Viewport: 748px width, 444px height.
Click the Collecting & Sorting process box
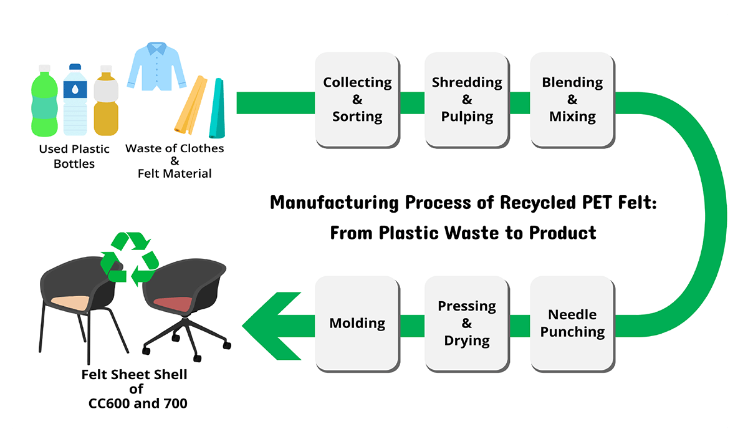(x=357, y=100)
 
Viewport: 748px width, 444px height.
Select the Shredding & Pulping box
(x=467, y=100)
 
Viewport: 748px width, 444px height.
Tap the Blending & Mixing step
(x=572, y=100)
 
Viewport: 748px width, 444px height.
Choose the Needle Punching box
(x=572, y=324)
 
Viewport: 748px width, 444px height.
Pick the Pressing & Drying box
(x=467, y=324)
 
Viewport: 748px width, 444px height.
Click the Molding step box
(x=357, y=324)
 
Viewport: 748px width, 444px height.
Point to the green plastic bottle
(x=44, y=100)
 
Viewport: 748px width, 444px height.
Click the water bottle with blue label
(x=75, y=100)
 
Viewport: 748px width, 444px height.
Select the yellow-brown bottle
(x=106, y=100)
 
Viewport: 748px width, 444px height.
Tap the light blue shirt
(x=156, y=66)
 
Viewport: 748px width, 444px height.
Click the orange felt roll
(x=191, y=105)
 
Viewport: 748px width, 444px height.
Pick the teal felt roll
(x=217, y=108)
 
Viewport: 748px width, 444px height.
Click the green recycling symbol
(x=130, y=259)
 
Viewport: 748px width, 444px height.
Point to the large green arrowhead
(x=272, y=326)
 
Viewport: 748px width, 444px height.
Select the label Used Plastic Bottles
(x=74, y=156)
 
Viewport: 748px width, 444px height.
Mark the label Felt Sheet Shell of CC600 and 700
(x=135, y=388)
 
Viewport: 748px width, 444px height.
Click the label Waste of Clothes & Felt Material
(x=175, y=161)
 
